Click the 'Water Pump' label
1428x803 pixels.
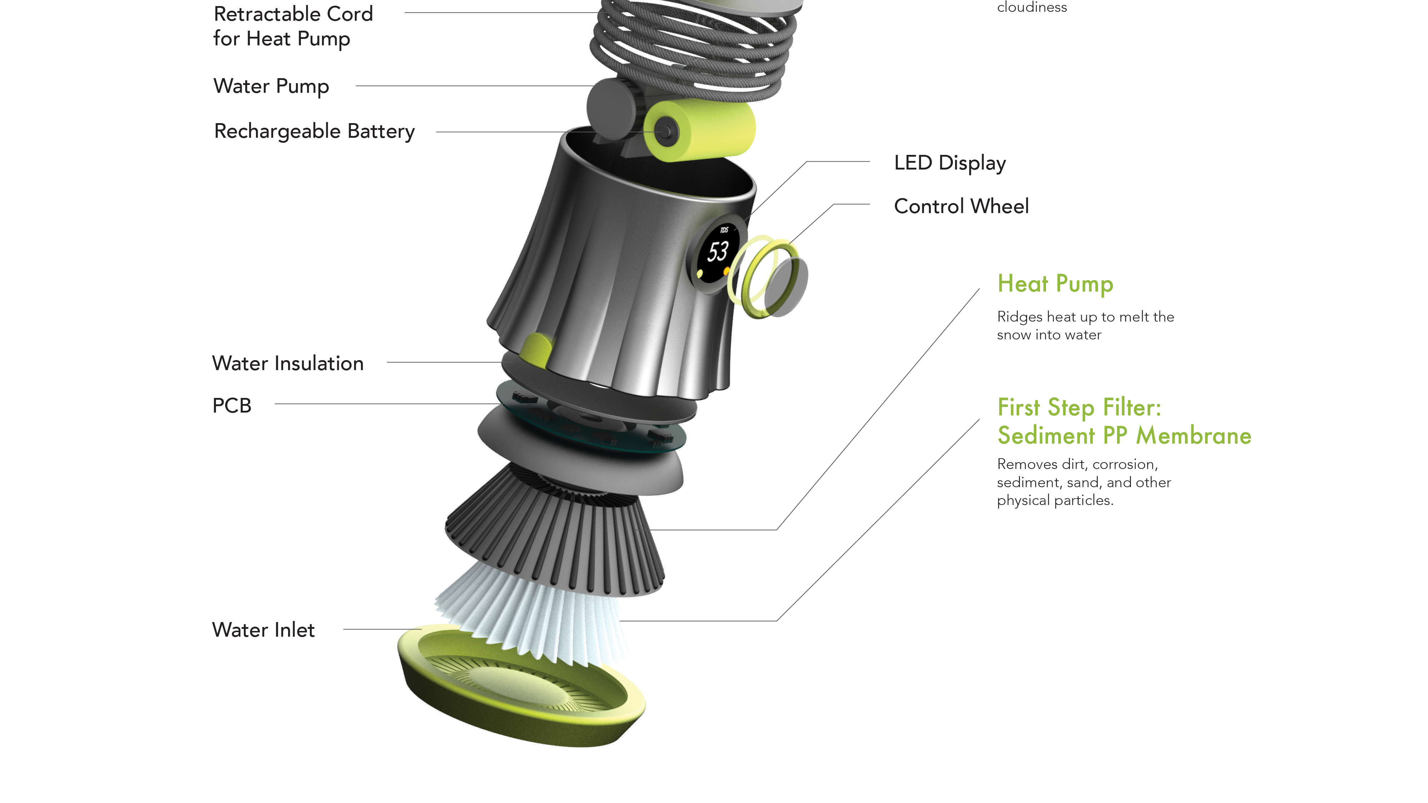271,86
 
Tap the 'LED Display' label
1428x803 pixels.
950,163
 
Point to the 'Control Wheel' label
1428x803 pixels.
961,206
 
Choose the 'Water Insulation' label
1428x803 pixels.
288,364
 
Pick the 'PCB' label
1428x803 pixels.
232,406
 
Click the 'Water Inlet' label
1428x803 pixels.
263,630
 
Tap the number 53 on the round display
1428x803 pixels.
718,252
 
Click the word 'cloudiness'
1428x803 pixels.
1032,7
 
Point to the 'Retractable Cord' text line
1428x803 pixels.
293,14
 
